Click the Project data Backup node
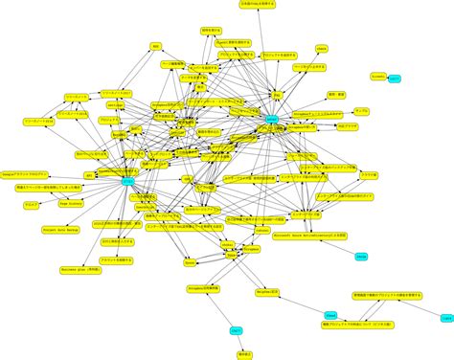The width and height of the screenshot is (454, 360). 59,230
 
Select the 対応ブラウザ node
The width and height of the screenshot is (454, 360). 348,125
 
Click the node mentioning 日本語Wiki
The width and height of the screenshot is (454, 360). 257,4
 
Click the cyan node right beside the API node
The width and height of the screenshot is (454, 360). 128,180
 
